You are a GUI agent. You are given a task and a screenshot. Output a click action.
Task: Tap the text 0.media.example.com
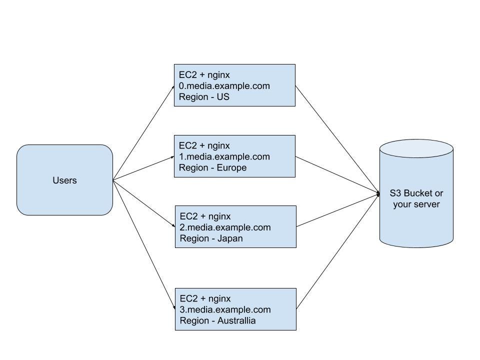point(224,86)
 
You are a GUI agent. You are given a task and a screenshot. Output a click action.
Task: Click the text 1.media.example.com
point(224,156)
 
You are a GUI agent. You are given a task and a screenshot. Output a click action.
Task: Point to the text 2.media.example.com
point(225,227)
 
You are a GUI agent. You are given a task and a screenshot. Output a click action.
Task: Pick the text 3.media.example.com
point(225,309)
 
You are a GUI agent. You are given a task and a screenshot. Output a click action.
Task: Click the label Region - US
point(204,97)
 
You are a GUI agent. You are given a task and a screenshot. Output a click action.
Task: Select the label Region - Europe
point(212,167)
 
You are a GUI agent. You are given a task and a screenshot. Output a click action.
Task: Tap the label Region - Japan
point(211,238)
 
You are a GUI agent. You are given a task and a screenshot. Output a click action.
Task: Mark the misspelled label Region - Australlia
point(217,320)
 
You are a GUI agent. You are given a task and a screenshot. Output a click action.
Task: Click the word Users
point(64,180)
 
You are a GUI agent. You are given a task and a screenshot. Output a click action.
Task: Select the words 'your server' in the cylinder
point(416,204)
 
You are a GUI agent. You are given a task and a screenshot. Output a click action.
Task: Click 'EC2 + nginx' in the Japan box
point(205,216)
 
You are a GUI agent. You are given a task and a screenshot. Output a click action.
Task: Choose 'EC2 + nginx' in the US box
point(204,75)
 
